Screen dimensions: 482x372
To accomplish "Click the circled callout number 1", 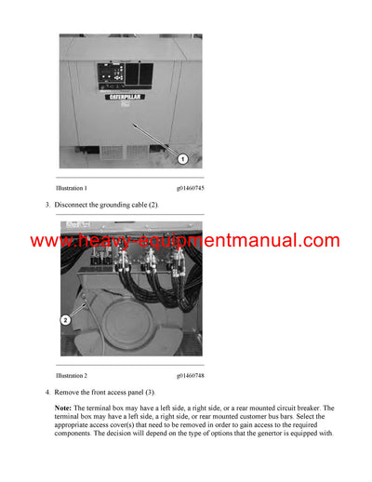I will tap(183, 158).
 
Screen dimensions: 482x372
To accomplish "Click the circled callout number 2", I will tap(66, 319).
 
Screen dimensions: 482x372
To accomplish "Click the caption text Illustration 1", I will tap(78, 188).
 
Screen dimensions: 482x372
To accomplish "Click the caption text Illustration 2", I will tap(78, 375).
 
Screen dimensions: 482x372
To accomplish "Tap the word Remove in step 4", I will tap(70, 392).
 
